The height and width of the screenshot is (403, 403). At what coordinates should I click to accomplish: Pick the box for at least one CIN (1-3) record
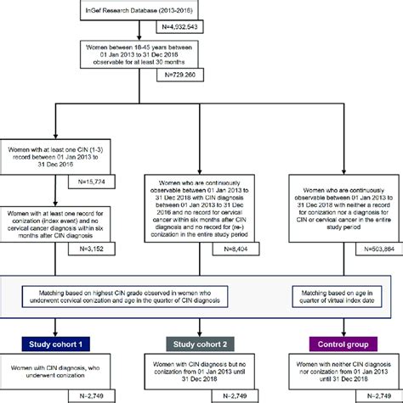(57, 155)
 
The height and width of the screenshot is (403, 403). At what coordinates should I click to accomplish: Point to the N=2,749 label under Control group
(375, 395)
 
